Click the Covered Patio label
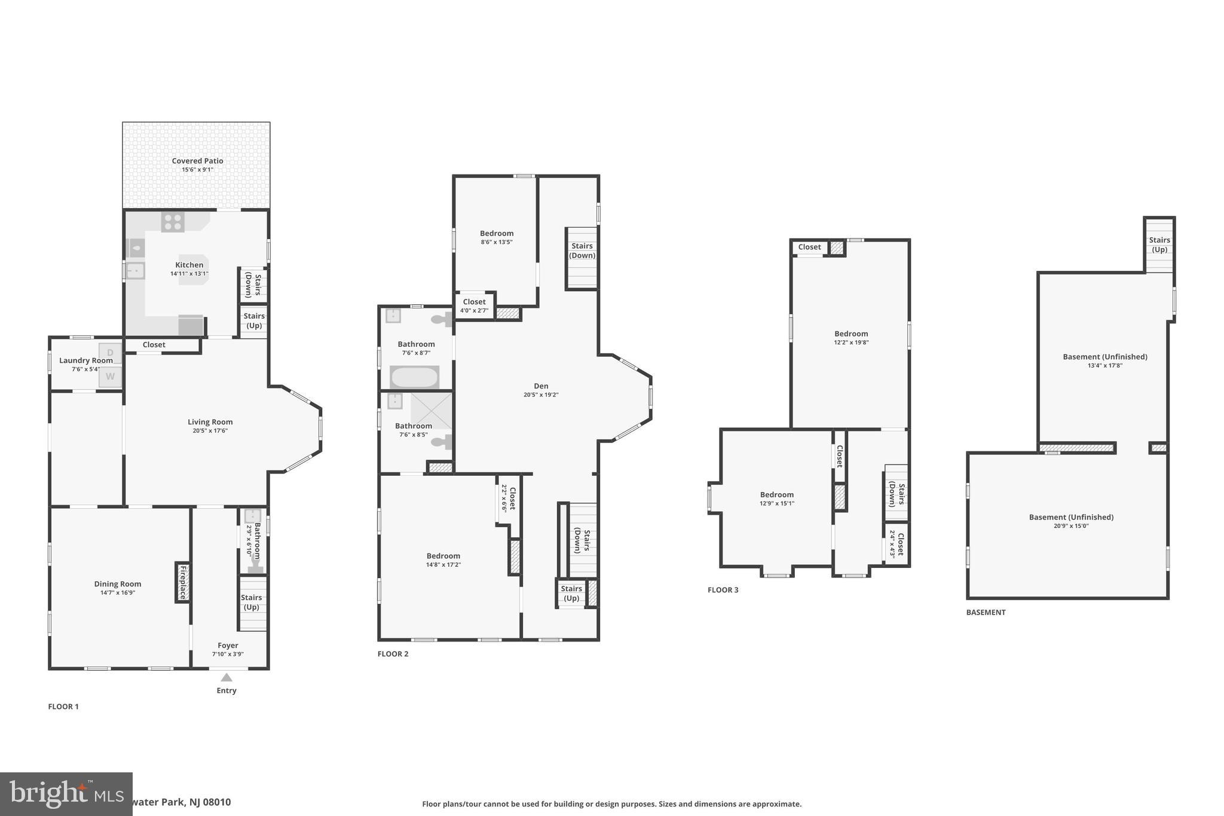pyautogui.click(x=197, y=161)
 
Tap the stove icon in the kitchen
pyautogui.click(x=173, y=222)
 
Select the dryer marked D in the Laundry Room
pyautogui.click(x=110, y=353)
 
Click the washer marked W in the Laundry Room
pyautogui.click(x=110, y=377)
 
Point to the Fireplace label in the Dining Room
pyautogui.click(x=183, y=582)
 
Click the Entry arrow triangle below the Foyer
pyautogui.click(x=227, y=677)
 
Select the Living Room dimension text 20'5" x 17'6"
pyautogui.click(x=210, y=430)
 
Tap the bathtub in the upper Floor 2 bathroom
pyautogui.click(x=414, y=377)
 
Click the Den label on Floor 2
pyautogui.click(x=541, y=386)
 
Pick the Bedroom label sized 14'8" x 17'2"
pyautogui.click(x=443, y=556)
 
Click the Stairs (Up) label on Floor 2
pyautogui.click(x=571, y=593)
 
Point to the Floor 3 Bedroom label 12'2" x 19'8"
pyautogui.click(x=851, y=334)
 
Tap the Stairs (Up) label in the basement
pyautogui.click(x=1159, y=245)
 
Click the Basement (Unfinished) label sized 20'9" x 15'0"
pyautogui.click(x=1071, y=517)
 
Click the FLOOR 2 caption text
pyautogui.click(x=393, y=654)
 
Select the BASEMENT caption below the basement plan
pyautogui.click(x=986, y=612)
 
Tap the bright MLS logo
pyautogui.click(x=66, y=794)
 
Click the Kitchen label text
pyautogui.click(x=189, y=265)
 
